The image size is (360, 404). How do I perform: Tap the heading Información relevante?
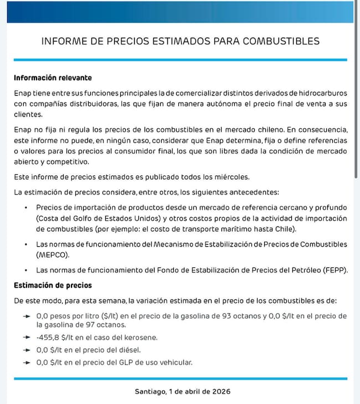coord(52,77)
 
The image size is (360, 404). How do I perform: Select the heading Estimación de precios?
coord(53,286)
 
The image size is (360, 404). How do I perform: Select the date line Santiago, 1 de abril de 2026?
coord(180,391)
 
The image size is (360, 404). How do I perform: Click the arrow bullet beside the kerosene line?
coord(28,337)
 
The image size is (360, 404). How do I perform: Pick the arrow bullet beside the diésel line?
coord(28,350)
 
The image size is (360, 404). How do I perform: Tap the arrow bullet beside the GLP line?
coord(28,362)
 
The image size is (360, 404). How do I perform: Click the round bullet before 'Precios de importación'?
coord(26,207)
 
